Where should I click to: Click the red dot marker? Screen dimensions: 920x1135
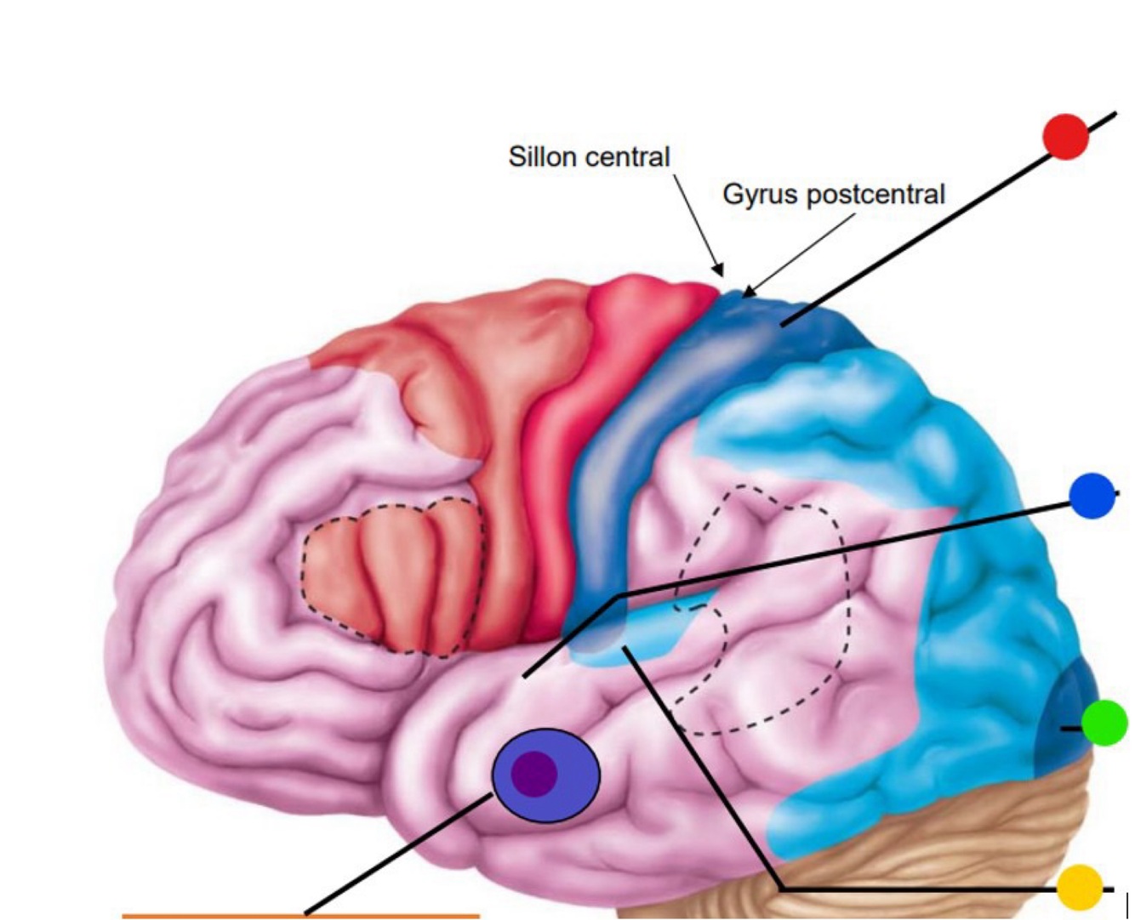(1066, 138)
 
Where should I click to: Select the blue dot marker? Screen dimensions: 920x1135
(1092, 496)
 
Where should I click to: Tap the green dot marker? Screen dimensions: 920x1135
(1104, 724)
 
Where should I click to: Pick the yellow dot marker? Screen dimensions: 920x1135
(1080, 887)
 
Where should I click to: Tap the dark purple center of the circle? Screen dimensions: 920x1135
(534, 774)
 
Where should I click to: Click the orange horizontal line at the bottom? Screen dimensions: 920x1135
(300, 916)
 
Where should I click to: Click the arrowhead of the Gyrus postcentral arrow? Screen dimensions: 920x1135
(746, 293)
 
